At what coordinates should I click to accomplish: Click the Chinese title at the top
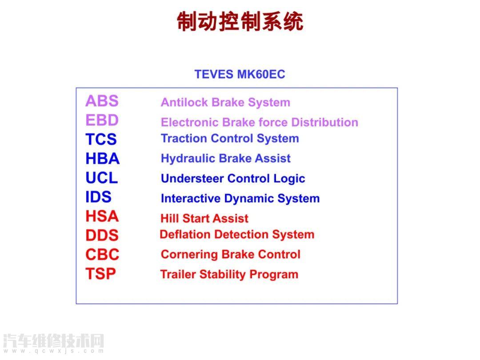pos(240,21)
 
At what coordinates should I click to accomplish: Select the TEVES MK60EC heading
pos(240,74)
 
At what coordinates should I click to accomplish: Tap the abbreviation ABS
pos(102,101)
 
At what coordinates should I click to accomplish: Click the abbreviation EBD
pos(102,120)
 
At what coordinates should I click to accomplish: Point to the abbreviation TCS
pos(101,140)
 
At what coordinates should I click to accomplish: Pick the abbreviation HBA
pos(103,159)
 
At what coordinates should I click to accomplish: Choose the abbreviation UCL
pos(102,178)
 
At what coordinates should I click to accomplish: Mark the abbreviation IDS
pos(98,197)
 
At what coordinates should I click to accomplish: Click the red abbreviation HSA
pos(102,216)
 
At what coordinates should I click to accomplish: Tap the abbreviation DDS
pos(102,236)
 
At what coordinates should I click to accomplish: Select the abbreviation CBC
pos(102,255)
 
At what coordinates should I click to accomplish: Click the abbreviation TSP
pos(101,274)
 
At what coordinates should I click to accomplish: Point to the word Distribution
pos(325,123)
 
